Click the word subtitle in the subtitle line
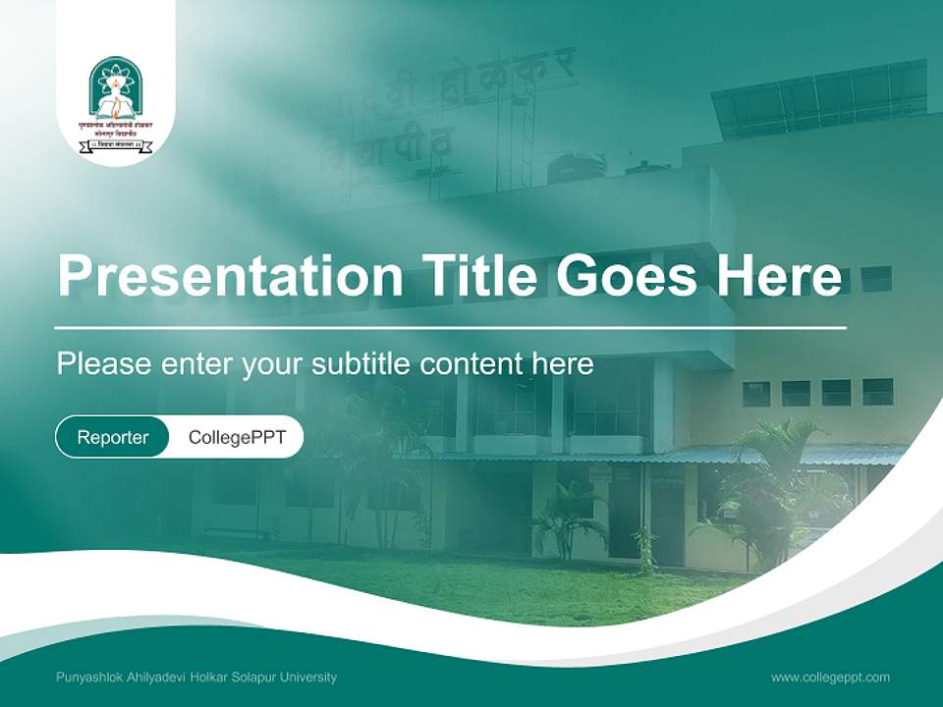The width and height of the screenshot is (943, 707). [x=364, y=364]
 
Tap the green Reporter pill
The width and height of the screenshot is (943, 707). [x=112, y=437]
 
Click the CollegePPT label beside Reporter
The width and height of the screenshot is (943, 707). [x=237, y=437]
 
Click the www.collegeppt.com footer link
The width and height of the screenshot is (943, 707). [x=830, y=677]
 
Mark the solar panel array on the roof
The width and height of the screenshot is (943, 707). [x=819, y=98]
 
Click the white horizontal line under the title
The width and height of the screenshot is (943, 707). [x=450, y=327]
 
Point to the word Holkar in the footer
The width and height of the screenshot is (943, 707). [x=205, y=677]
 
